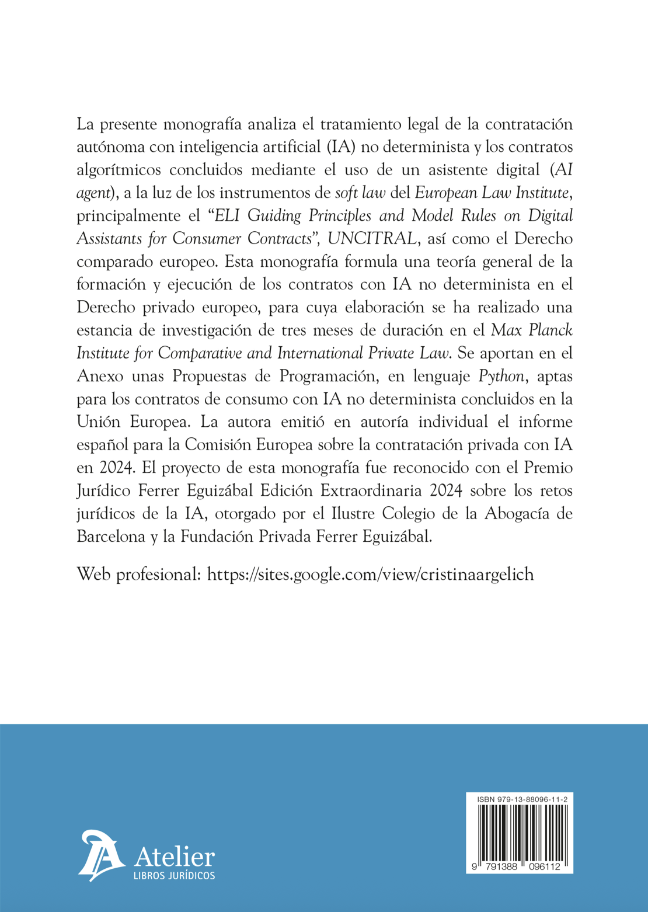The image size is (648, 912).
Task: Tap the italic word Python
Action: [x=501, y=376]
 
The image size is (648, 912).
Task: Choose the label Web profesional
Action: [x=139, y=575]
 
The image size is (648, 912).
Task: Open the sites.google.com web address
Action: [x=371, y=575]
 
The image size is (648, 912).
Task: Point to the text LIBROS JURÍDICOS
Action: [x=174, y=875]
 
